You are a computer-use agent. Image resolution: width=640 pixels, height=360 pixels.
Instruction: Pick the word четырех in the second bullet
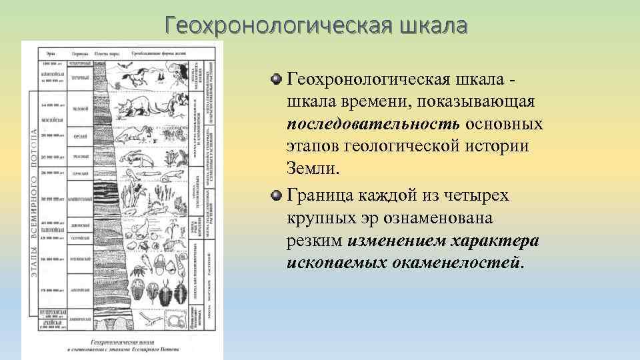coord(471,195)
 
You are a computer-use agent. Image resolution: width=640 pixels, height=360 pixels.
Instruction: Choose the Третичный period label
coord(81,78)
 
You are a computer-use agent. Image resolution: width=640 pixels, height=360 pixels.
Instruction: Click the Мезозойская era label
coord(52,120)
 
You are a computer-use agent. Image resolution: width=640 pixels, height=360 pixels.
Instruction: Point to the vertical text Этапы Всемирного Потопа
coord(32,200)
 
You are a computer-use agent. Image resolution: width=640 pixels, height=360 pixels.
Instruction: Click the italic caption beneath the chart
coord(123,344)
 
